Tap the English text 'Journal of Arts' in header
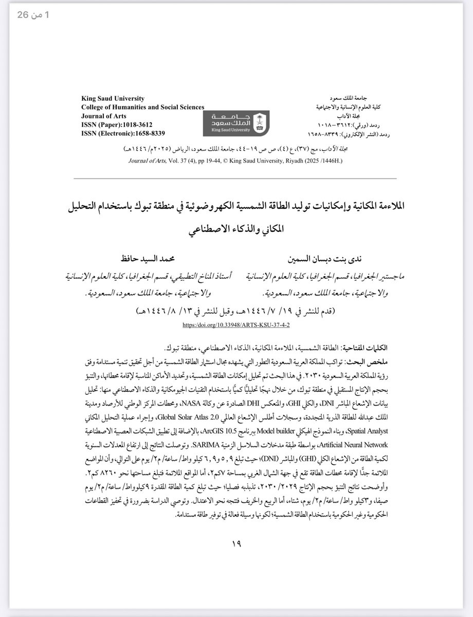[x=103, y=116]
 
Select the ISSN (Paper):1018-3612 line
[x=117, y=124]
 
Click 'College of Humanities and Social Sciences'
[x=142, y=107]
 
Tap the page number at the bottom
[x=236, y=544]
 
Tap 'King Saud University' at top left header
[x=113, y=99]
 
